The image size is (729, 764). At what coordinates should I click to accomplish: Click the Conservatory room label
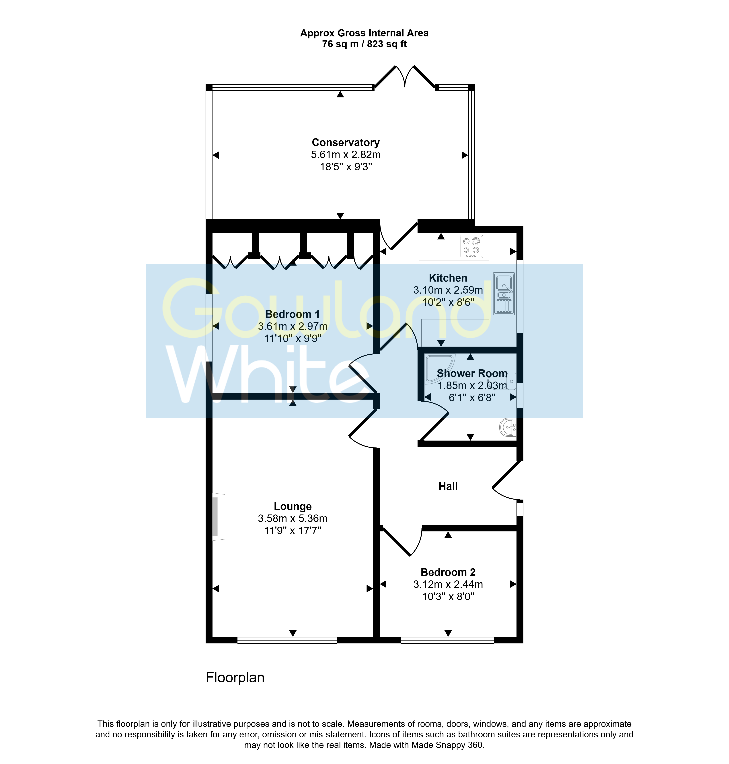[346, 143]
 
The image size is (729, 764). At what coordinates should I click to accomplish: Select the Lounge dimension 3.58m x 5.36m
[293, 519]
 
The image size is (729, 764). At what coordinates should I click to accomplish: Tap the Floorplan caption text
[235, 677]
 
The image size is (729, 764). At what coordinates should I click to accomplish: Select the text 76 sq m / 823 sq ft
[364, 44]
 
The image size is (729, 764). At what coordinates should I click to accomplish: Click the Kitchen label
[448, 278]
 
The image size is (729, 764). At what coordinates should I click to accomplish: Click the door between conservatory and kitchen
[398, 235]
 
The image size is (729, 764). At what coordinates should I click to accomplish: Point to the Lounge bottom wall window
[287, 640]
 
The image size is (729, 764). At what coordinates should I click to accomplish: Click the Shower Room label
[472, 373]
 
